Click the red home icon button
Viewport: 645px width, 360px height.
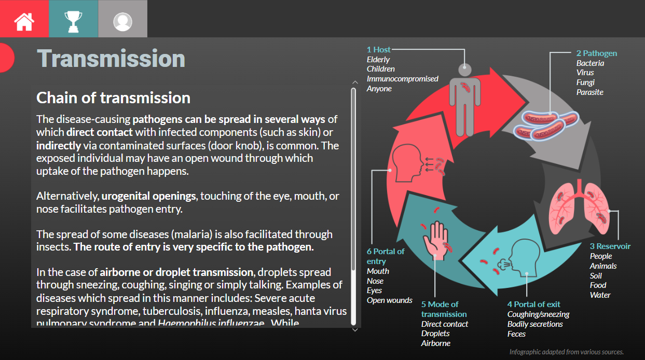[24, 19]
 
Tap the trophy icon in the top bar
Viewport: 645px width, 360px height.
[73, 19]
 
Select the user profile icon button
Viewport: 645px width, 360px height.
[122, 19]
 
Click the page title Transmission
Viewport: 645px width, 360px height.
[111, 58]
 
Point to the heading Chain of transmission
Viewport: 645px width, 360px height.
[113, 98]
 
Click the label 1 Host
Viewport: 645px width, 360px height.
[378, 49]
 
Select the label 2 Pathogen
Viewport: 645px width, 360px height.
[596, 53]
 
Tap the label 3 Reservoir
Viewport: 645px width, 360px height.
[610, 246]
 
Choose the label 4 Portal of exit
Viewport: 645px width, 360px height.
[533, 304]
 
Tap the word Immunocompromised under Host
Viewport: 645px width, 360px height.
[402, 79]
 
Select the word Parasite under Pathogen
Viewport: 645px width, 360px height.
[589, 92]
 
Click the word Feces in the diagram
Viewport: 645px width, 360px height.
[516, 334]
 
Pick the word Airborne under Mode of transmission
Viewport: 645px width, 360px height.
[435, 343]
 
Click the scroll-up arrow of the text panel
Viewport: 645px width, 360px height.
[355, 82]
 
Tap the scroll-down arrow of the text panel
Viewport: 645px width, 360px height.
[355, 329]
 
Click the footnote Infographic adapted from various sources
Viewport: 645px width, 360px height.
[566, 352]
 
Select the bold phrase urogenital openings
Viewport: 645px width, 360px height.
[148, 196]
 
